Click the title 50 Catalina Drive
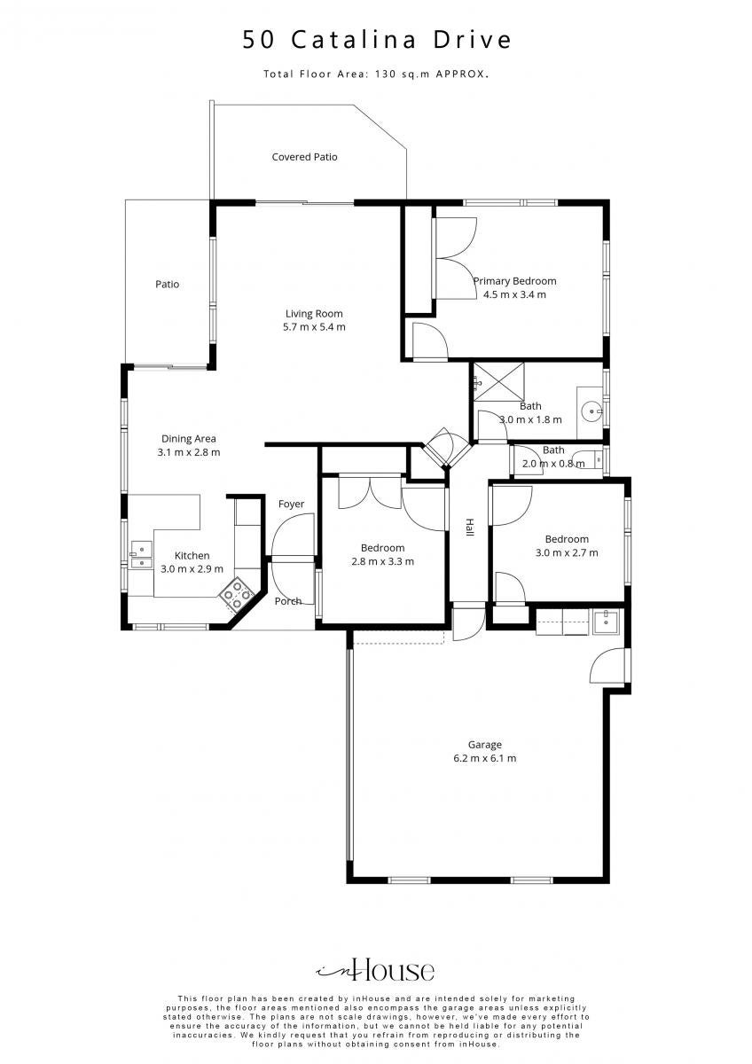coord(377,39)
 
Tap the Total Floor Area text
coord(376,74)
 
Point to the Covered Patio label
coord(304,157)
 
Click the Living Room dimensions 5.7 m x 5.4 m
coord(314,327)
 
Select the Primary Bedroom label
coord(515,281)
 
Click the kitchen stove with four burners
coord(237,594)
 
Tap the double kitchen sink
coord(141,555)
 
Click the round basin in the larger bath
coord(592,411)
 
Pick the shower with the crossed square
coord(498,381)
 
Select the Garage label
coord(484,745)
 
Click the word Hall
coord(470,528)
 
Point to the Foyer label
coord(291,504)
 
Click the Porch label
coord(288,601)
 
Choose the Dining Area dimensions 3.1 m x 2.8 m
coord(189,452)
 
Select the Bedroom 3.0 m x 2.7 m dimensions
coord(567,552)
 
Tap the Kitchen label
coord(192,555)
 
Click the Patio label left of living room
coord(168,284)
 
